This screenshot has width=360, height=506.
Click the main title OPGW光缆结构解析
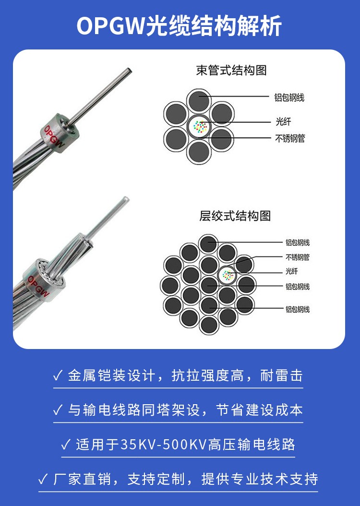(x=180, y=26)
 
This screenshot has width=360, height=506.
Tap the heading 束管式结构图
(x=231, y=71)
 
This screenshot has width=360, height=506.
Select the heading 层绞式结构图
(x=235, y=216)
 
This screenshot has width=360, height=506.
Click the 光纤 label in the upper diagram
(x=283, y=121)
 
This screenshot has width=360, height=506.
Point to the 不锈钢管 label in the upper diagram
(x=290, y=138)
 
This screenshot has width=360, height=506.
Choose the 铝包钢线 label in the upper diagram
(x=289, y=97)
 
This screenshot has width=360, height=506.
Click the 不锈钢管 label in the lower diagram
(x=298, y=257)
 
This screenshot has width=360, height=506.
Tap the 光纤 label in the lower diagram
(x=292, y=271)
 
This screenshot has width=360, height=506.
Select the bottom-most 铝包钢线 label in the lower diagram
(x=298, y=310)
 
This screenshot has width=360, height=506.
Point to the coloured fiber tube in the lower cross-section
(x=228, y=275)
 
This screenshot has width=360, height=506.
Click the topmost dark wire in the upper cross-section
(x=199, y=101)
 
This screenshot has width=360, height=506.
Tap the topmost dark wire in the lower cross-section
(x=208, y=244)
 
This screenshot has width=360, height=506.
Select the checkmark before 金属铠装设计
(x=58, y=375)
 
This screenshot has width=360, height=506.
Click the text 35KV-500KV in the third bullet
(x=163, y=445)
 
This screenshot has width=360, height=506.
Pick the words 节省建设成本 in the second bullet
(x=259, y=410)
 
